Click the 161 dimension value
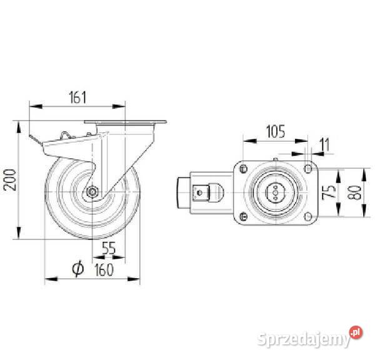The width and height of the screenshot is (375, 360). click(77, 97)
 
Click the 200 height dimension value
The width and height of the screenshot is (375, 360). click(11, 180)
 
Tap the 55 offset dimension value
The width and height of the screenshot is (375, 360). click(109, 248)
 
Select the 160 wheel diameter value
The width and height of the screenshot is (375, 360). click(104, 270)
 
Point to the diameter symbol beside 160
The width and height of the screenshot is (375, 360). click(77, 268)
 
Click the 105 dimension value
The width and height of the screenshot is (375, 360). click(276, 131)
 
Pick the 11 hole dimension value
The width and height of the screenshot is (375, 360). click(324, 144)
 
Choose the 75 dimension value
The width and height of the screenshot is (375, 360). click(329, 192)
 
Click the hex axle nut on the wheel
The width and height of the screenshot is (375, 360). click(92, 192)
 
